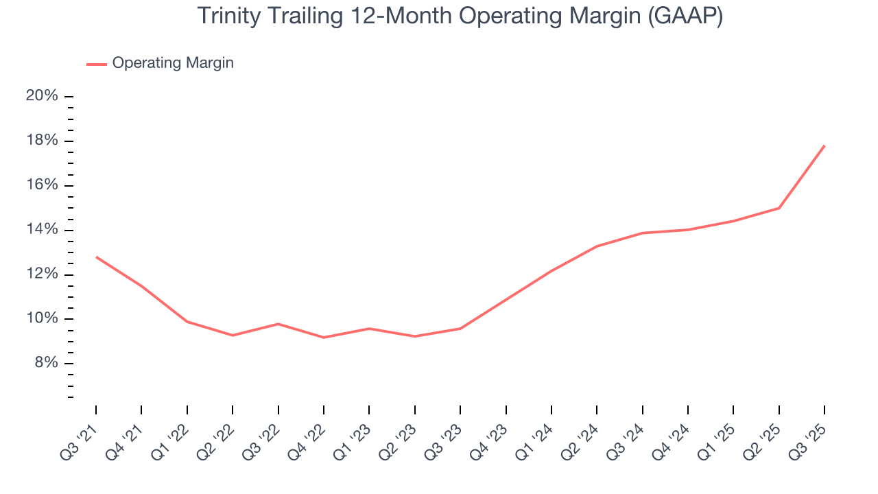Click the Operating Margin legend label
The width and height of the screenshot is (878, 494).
click(x=173, y=63)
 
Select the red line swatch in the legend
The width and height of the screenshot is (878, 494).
click(x=96, y=64)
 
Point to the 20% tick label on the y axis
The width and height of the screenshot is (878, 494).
click(x=42, y=96)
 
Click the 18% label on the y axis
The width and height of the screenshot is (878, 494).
click(x=42, y=141)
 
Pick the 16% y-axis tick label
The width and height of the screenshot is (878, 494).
click(x=42, y=185)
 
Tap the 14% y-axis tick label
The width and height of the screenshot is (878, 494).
click(x=42, y=230)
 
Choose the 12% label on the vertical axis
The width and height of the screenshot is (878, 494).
click(x=42, y=274)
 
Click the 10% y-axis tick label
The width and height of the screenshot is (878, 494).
click(x=42, y=319)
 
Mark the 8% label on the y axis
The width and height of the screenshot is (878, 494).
click(x=45, y=364)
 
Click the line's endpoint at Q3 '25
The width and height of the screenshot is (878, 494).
click(x=824, y=145)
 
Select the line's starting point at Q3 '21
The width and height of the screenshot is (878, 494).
click(x=96, y=257)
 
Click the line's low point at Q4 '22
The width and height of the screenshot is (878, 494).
click(x=324, y=337)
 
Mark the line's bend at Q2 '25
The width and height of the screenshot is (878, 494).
click(x=779, y=208)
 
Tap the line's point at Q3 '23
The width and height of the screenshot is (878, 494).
click(x=460, y=328)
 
